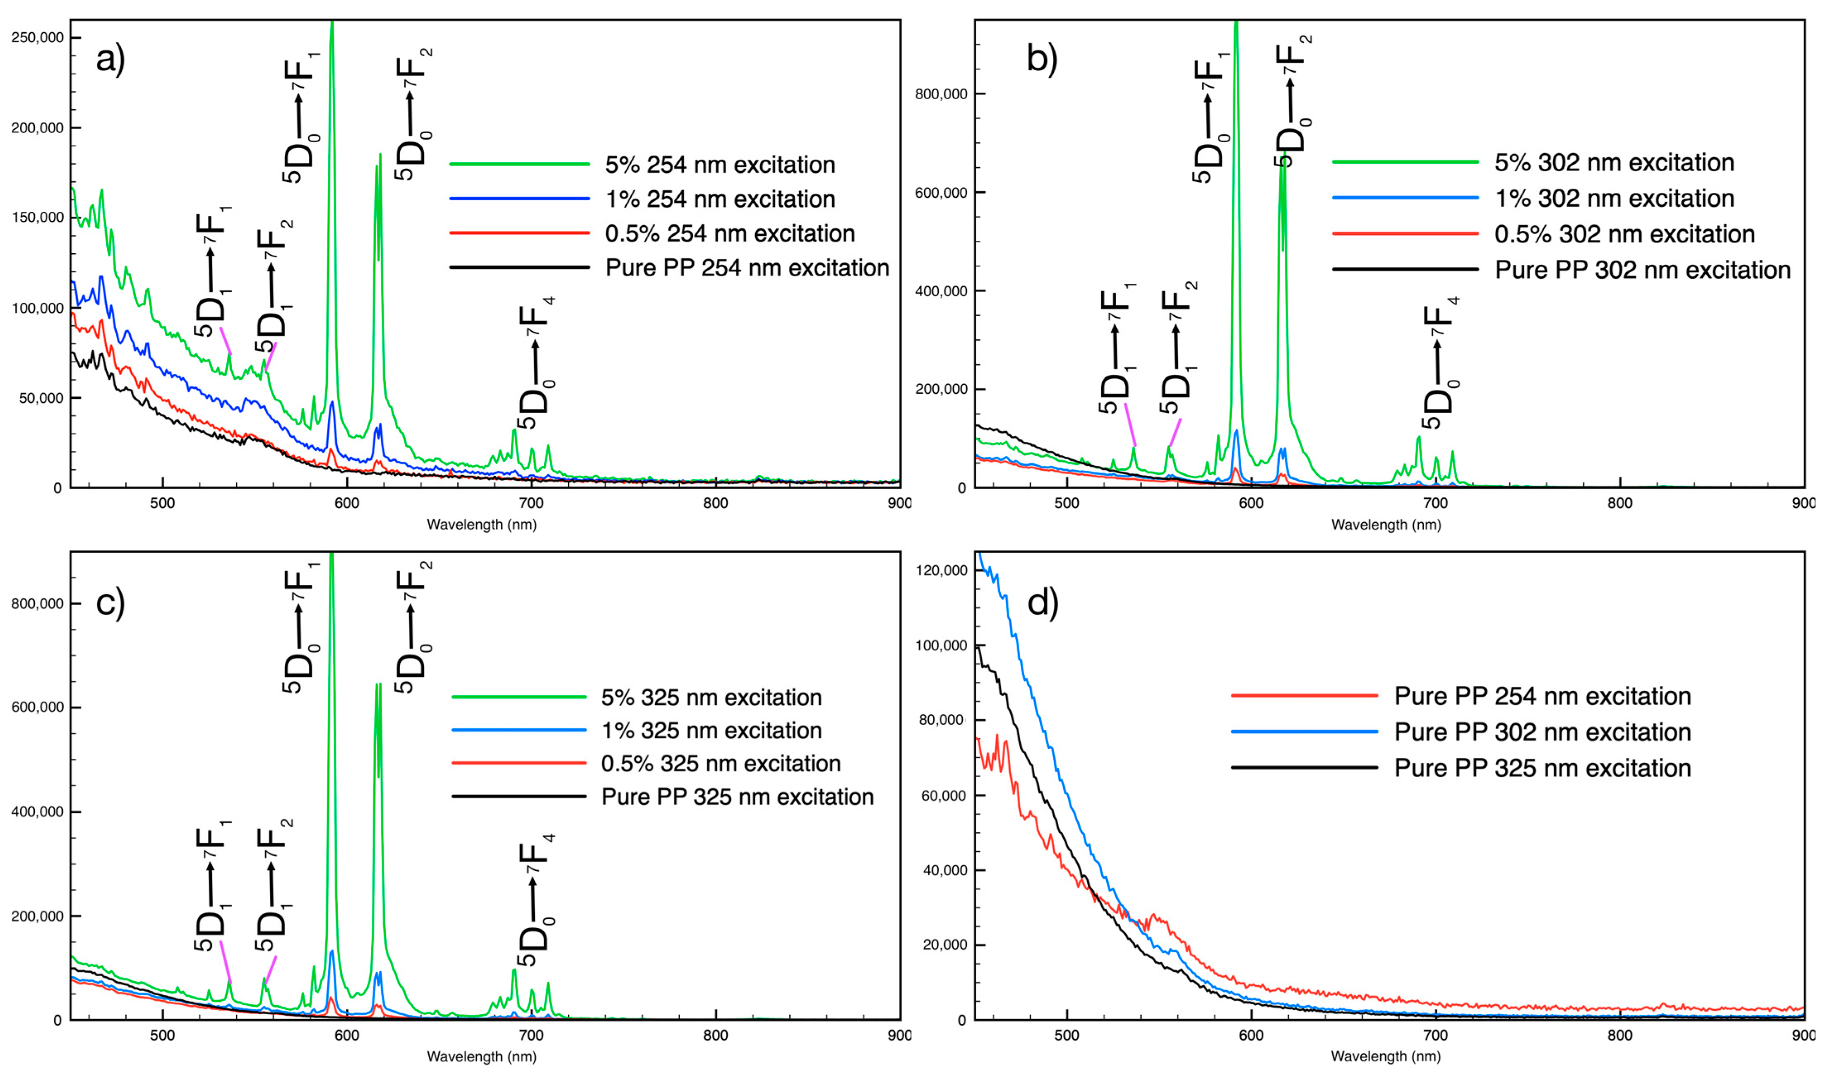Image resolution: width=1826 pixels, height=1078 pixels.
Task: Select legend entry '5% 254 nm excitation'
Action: pos(719,165)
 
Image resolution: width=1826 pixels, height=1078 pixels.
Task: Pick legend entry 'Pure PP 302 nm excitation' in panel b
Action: pos(1642,270)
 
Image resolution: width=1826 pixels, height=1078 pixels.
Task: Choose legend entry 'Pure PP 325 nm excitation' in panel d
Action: pos(1542,768)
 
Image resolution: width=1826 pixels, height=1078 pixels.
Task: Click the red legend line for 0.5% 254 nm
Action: pos(519,233)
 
